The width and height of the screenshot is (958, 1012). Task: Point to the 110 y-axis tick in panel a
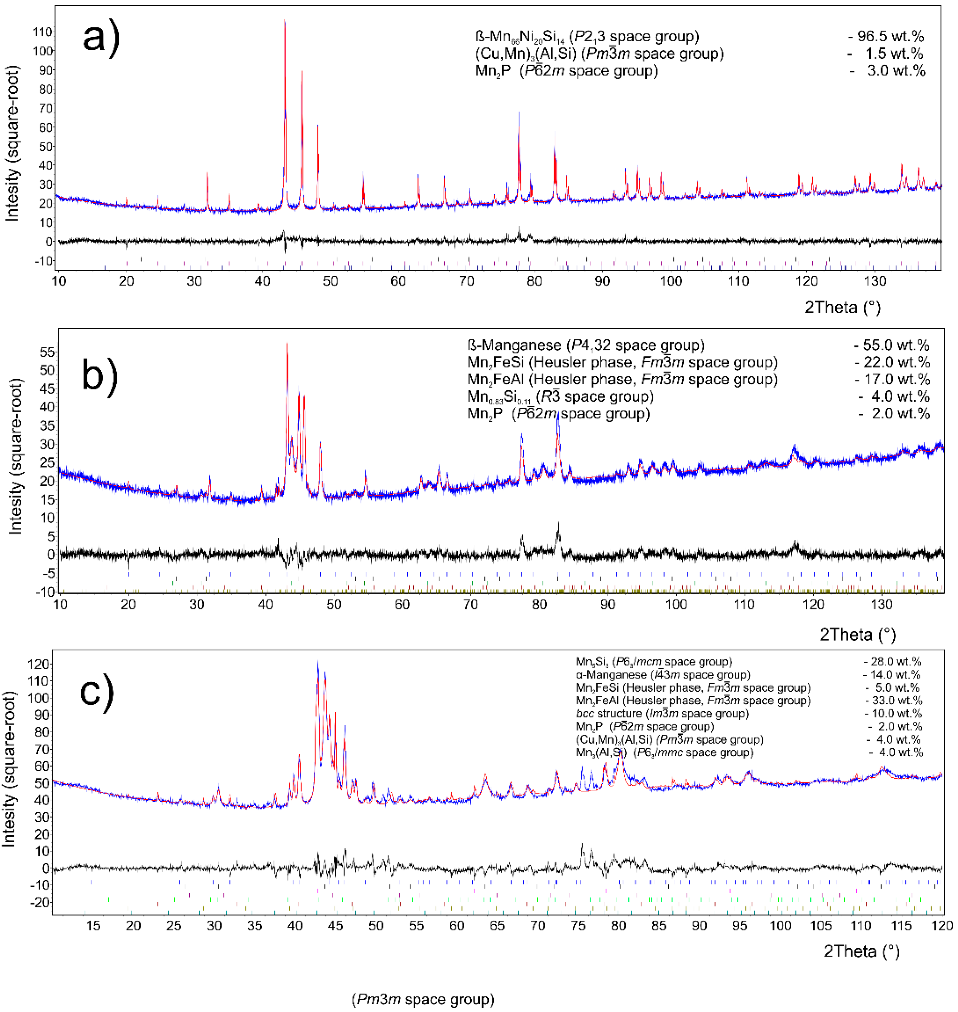42,32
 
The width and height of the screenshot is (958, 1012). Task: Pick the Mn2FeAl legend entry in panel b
622,379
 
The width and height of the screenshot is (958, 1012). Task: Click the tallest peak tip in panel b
287,344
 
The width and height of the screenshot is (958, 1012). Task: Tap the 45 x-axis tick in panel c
335,926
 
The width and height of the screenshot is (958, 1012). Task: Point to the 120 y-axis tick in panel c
39,664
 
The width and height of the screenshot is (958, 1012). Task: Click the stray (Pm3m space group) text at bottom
423,999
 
